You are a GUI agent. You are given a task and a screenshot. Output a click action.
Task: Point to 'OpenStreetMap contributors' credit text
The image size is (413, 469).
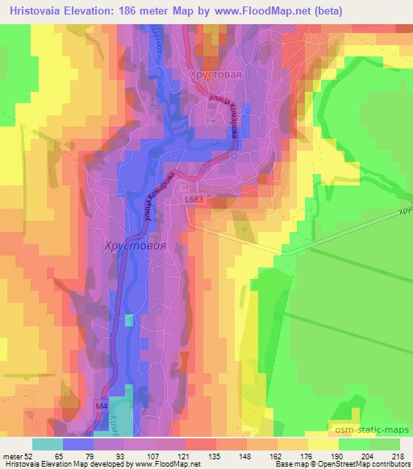pos(360,464)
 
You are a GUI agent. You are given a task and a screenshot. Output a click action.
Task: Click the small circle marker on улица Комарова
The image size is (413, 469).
pos(234,156)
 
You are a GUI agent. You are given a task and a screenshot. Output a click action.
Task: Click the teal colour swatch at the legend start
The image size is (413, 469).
pos(47,443)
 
